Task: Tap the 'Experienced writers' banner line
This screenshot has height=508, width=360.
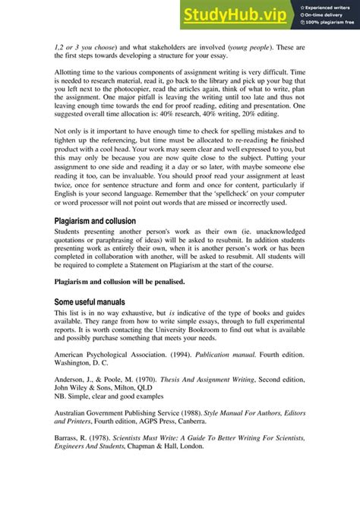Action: click(x=329, y=7)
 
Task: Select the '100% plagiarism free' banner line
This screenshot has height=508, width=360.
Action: click(x=328, y=24)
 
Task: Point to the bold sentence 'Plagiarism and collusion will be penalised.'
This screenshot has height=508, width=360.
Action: click(x=119, y=282)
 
